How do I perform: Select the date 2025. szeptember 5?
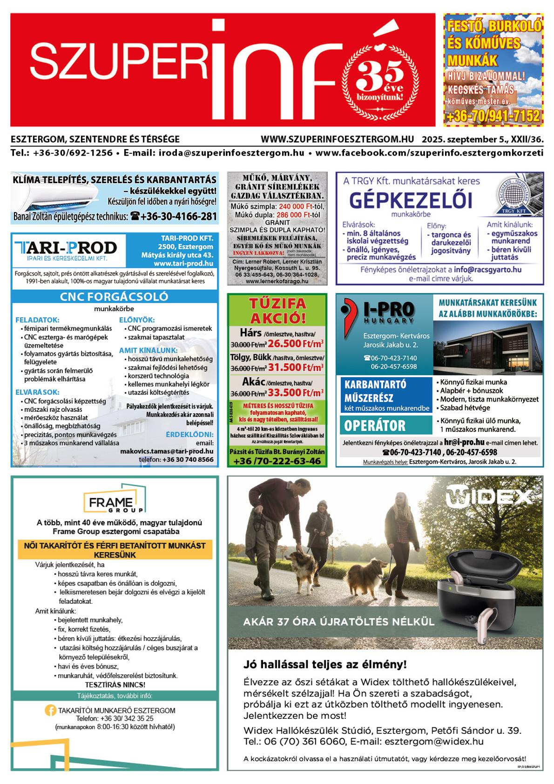(x=467, y=139)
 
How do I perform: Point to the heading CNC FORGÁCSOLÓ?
(x=114, y=297)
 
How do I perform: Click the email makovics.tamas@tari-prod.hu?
(x=167, y=451)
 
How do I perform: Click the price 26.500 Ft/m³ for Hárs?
(x=296, y=344)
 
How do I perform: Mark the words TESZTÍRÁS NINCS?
(x=115, y=685)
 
